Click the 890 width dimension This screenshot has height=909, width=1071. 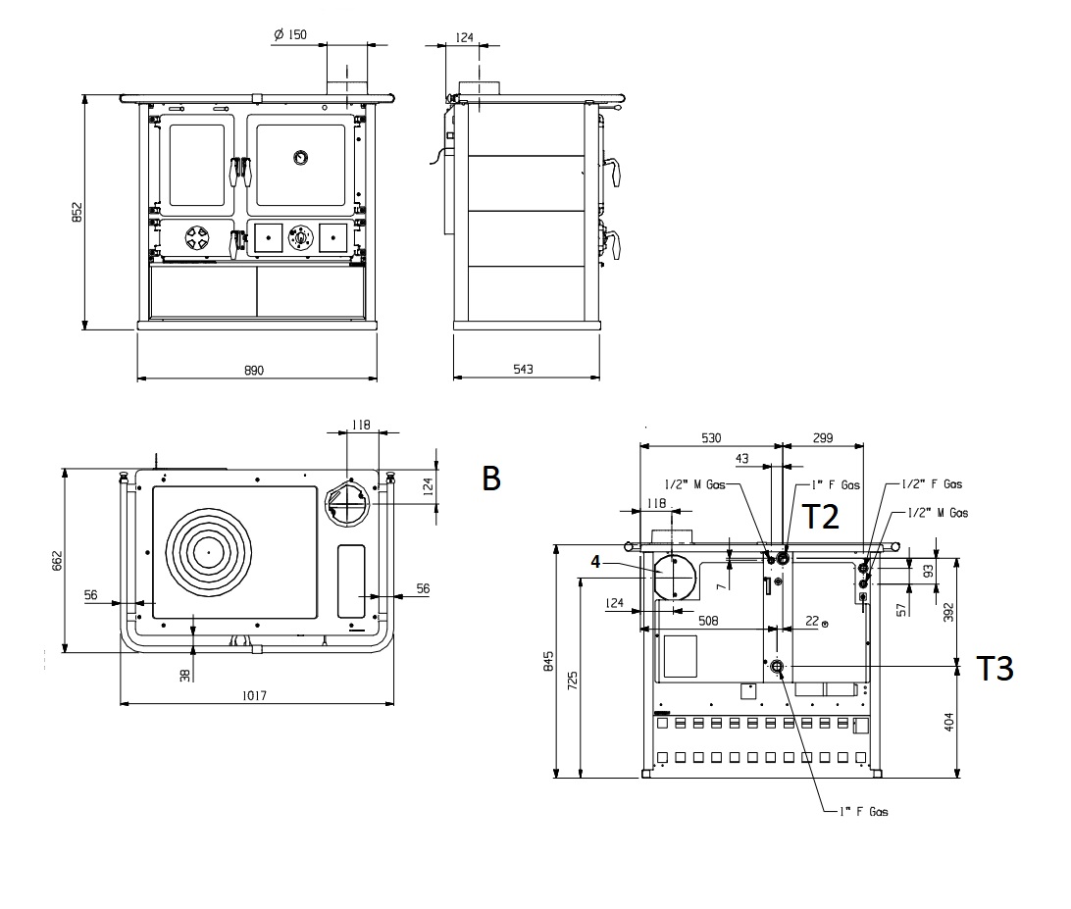254,370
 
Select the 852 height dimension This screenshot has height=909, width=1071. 77,213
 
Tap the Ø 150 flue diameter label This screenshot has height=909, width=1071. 290,35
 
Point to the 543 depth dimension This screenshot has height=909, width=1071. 523,370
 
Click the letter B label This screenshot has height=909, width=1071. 491,479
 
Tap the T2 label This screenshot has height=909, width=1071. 821,516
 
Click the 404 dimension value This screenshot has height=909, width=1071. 946,722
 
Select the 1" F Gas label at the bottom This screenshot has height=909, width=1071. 864,812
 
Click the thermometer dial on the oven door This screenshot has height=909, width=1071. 300,157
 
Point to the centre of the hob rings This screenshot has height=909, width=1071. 208,551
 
